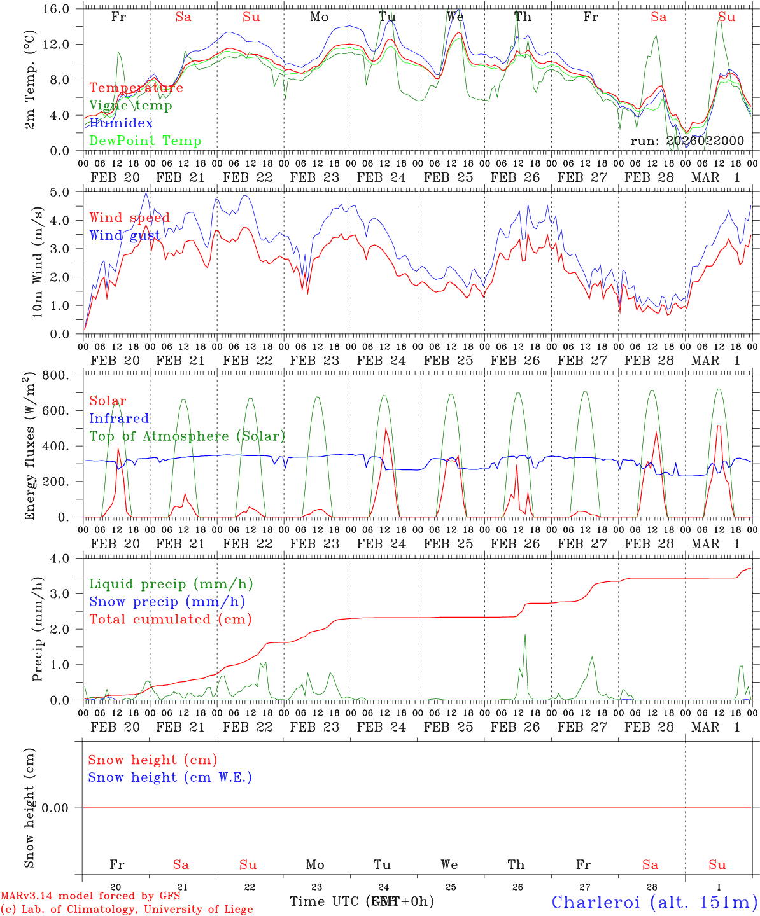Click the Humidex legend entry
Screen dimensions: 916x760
(121, 123)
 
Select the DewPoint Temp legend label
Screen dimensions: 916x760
(145, 141)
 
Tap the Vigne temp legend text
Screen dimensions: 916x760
(130, 106)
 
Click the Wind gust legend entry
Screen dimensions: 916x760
(125, 236)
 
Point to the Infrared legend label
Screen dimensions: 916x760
(119, 419)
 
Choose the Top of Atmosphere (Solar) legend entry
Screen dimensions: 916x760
(186, 436)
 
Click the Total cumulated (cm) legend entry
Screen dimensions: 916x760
(170, 620)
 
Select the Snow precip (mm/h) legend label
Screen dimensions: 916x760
(167, 602)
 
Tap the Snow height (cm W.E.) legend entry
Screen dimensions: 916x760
(170, 777)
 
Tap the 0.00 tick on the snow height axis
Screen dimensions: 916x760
(62, 808)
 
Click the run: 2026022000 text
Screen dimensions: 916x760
(687, 141)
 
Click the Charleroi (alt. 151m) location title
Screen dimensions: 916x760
(654, 902)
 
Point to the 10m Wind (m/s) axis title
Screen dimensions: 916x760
(38, 263)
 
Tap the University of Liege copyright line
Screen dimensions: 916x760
(127, 910)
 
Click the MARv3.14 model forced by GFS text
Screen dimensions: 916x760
(90, 896)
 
